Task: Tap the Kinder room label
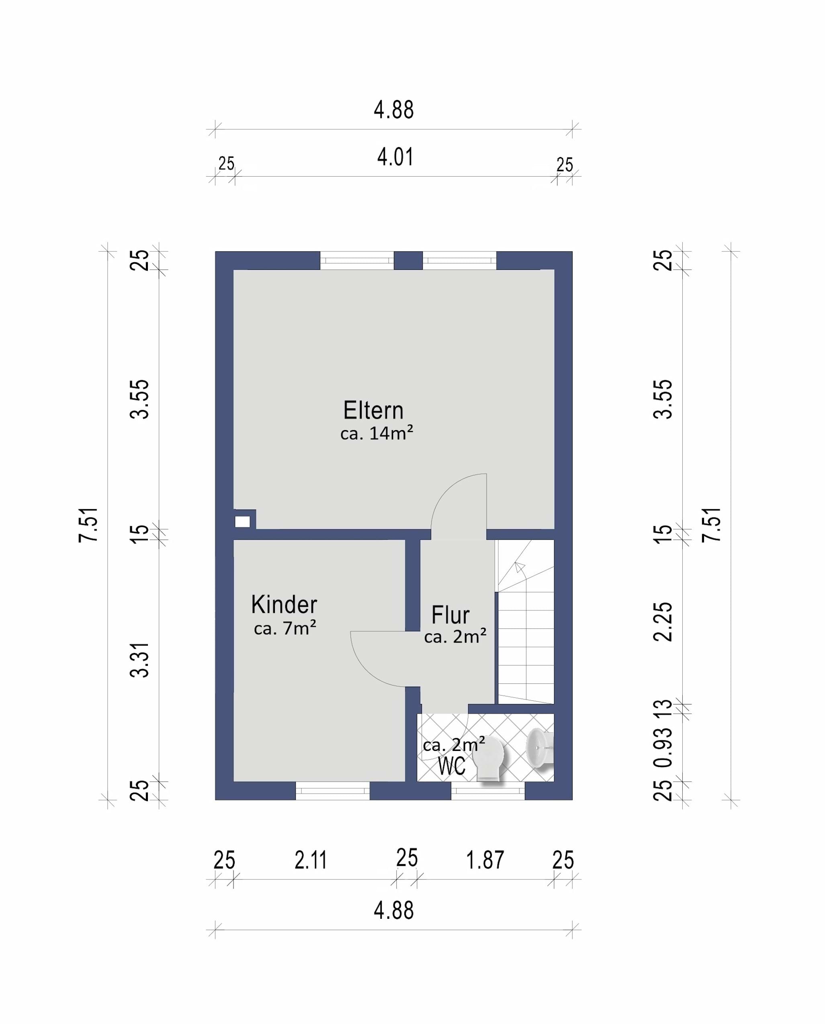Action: click(284, 605)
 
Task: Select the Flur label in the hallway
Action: click(450, 615)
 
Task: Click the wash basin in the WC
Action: click(539, 748)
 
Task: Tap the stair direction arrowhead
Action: click(520, 567)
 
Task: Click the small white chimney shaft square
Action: click(242, 522)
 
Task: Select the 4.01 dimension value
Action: click(395, 157)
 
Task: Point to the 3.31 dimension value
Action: click(140, 660)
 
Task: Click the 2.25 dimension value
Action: click(663, 622)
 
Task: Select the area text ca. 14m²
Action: click(377, 433)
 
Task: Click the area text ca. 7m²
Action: click(285, 628)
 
